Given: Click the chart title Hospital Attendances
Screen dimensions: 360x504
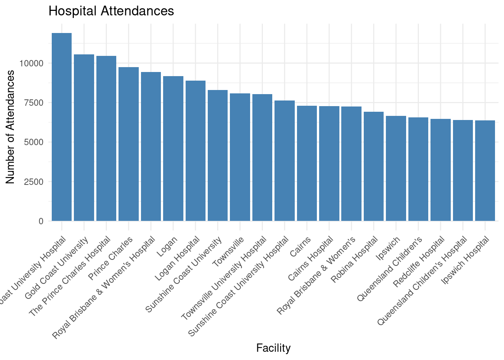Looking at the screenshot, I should pyautogui.click(x=111, y=11).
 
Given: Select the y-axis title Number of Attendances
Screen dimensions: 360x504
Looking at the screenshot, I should pyautogui.click(x=10, y=127).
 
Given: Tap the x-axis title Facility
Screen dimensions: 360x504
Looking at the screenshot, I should pyautogui.click(x=273, y=348).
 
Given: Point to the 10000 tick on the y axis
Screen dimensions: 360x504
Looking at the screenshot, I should pyautogui.click(x=32, y=63).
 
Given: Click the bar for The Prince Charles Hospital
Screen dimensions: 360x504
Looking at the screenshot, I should pyautogui.click(x=106, y=138).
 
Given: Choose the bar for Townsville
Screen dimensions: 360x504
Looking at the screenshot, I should pyautogui.click(x=240, y=157).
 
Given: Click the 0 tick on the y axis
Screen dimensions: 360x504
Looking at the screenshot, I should pyautogui.click(x=41, y=221).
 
